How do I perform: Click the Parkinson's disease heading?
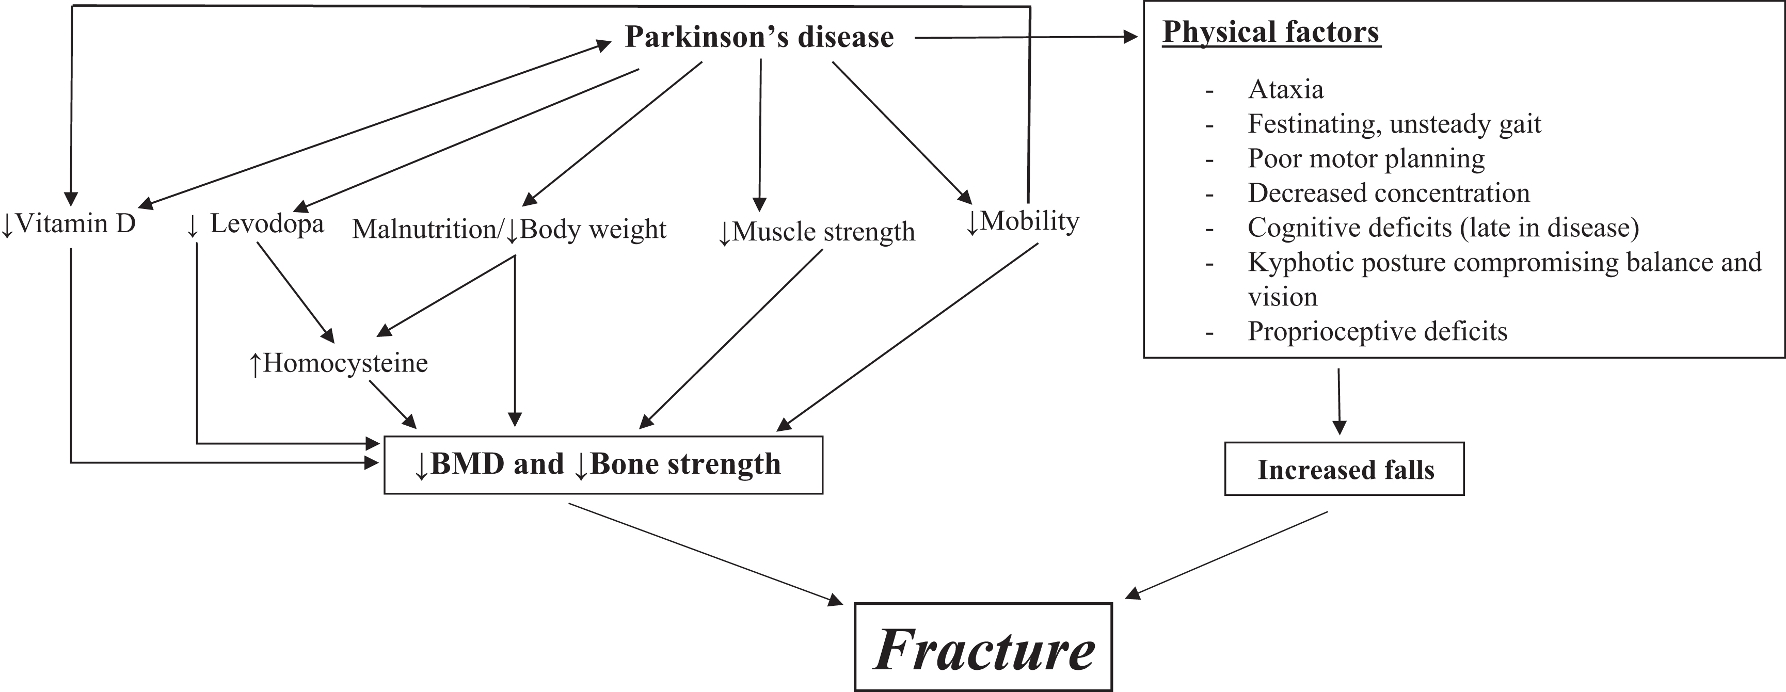click(759, 37)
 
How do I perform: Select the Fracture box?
click(983, 648)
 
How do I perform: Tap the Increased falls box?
click(1344, 470)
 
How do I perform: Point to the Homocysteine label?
click(338, 363)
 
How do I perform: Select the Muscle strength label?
click(816, 232)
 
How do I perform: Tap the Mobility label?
click(1023, 222)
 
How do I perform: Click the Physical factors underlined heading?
click(1271, 32)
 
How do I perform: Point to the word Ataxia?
click(1285, 89)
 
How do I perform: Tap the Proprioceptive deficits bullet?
click(1377, 331)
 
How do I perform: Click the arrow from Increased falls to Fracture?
click(1227, 554)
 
